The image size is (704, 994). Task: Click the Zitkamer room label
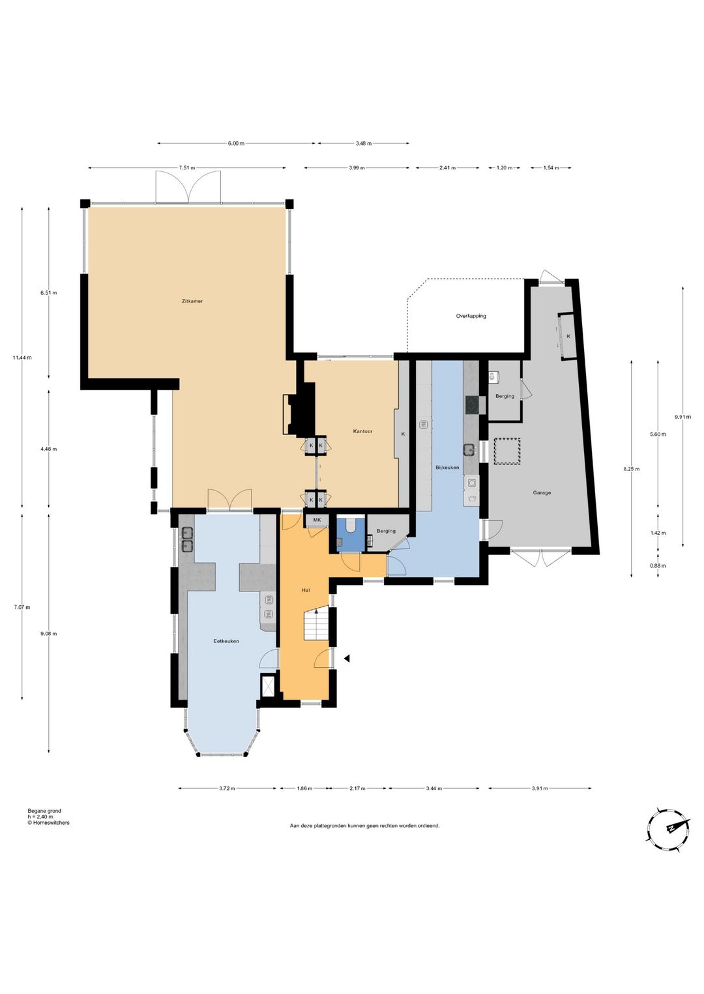(192, 302)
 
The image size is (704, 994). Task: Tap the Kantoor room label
(362, 431)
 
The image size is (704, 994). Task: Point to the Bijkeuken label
(447, 468)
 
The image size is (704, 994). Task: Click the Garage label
(542, 492)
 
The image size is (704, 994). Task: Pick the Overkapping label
(471, 317)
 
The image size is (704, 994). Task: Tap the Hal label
(305, 590)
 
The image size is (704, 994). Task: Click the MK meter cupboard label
(317, 520)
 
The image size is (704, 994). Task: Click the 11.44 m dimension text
(22, 357)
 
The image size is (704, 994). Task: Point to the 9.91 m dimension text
(682, 417)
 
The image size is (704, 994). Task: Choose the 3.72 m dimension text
(227, 789)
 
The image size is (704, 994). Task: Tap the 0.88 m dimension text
(658, 566)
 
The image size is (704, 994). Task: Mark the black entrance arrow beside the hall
(347, 659)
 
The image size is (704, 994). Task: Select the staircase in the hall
(316, 625)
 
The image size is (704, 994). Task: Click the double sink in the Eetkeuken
(187, 539)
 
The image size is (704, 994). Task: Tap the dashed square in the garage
(507, 451)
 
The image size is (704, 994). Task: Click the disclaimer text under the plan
(364, 826)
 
